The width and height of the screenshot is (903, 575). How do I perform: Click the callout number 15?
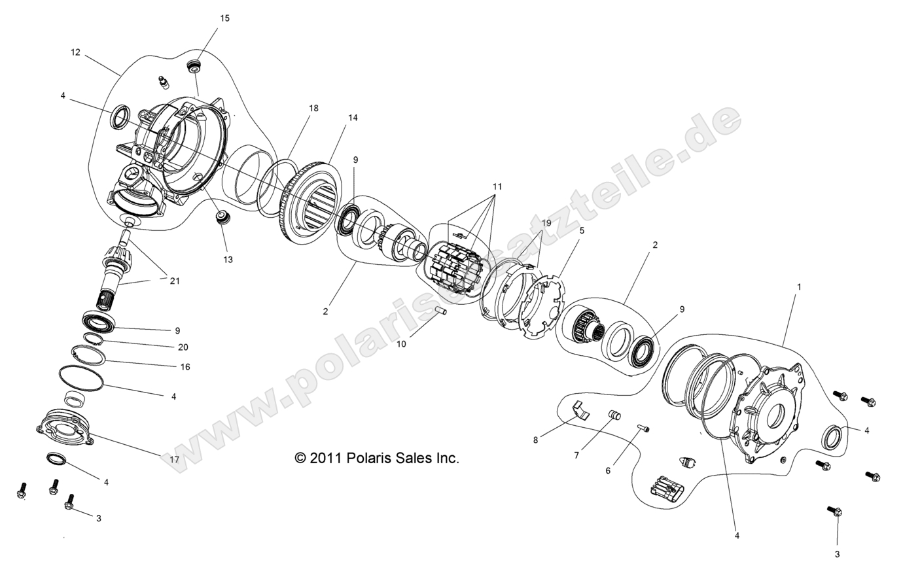(224, 18)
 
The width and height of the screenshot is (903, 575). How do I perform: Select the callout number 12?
(75, 52)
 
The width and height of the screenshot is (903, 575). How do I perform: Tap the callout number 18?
(313, 108)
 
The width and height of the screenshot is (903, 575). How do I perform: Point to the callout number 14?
(353, 118)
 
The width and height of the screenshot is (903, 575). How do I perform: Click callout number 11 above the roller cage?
(497, 186)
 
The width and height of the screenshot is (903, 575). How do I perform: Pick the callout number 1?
(798, 287)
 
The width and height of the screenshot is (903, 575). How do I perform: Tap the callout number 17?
(174, 460)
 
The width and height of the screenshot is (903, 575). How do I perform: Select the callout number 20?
(183, 347)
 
